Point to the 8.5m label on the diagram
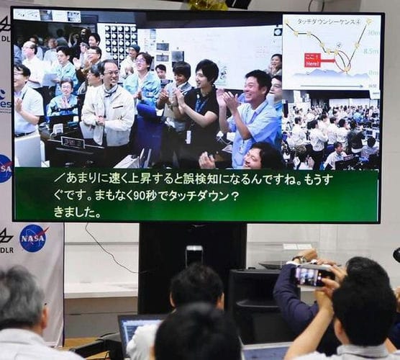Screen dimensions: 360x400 371,51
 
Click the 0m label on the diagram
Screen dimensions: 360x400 373,73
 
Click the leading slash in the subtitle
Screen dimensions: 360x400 59,177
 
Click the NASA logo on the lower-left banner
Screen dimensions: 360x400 33,238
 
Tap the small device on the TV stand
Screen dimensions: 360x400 194,255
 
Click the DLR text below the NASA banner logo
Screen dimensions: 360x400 7,250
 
